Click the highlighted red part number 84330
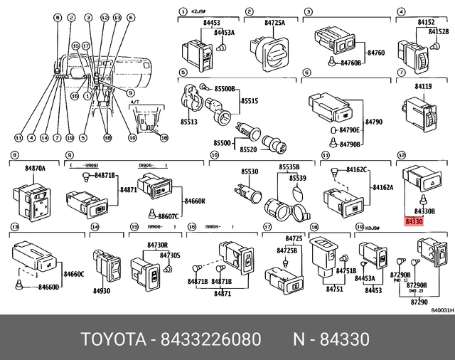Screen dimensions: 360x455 (414, 223)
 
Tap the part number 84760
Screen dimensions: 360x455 (377, 53)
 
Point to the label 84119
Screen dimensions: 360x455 (424, 87)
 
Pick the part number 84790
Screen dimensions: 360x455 (374, 122)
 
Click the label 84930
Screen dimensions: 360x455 (101, 291)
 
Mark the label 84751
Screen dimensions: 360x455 (335, 290)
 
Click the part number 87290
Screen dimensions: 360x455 (419, 302)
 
